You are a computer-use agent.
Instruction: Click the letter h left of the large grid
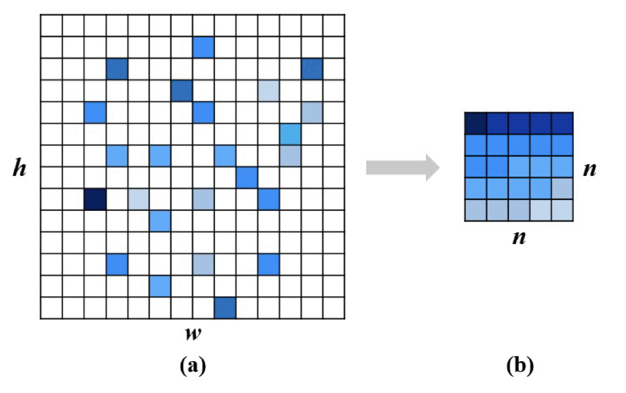[x=20, y=168]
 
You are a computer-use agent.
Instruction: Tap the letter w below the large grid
[x=192, y=333]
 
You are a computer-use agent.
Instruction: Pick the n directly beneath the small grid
[x=518, y=236]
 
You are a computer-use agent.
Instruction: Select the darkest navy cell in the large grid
[x=95, y=198]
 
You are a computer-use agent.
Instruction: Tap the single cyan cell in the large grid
[x=290, y=134]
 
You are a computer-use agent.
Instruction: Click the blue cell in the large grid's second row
[x=204, y=47]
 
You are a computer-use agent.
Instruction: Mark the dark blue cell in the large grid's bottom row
[x=225, y=307]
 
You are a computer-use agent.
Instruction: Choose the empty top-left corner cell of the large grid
[x=52, y=25]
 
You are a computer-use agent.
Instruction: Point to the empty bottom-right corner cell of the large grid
[x=333, y=307]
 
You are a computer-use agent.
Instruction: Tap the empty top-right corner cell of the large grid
[x=333, y=25]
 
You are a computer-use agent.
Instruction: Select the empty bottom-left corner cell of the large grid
[x=52, y=307]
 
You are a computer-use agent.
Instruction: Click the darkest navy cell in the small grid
[x=475, y=123]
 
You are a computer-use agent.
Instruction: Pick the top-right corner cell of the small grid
[x=562, y=123]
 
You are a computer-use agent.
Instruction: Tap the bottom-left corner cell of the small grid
[x=475, y=210]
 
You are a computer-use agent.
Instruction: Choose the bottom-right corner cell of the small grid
[x=562, y=210]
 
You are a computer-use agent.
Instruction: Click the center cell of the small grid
[x=518, y=166]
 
